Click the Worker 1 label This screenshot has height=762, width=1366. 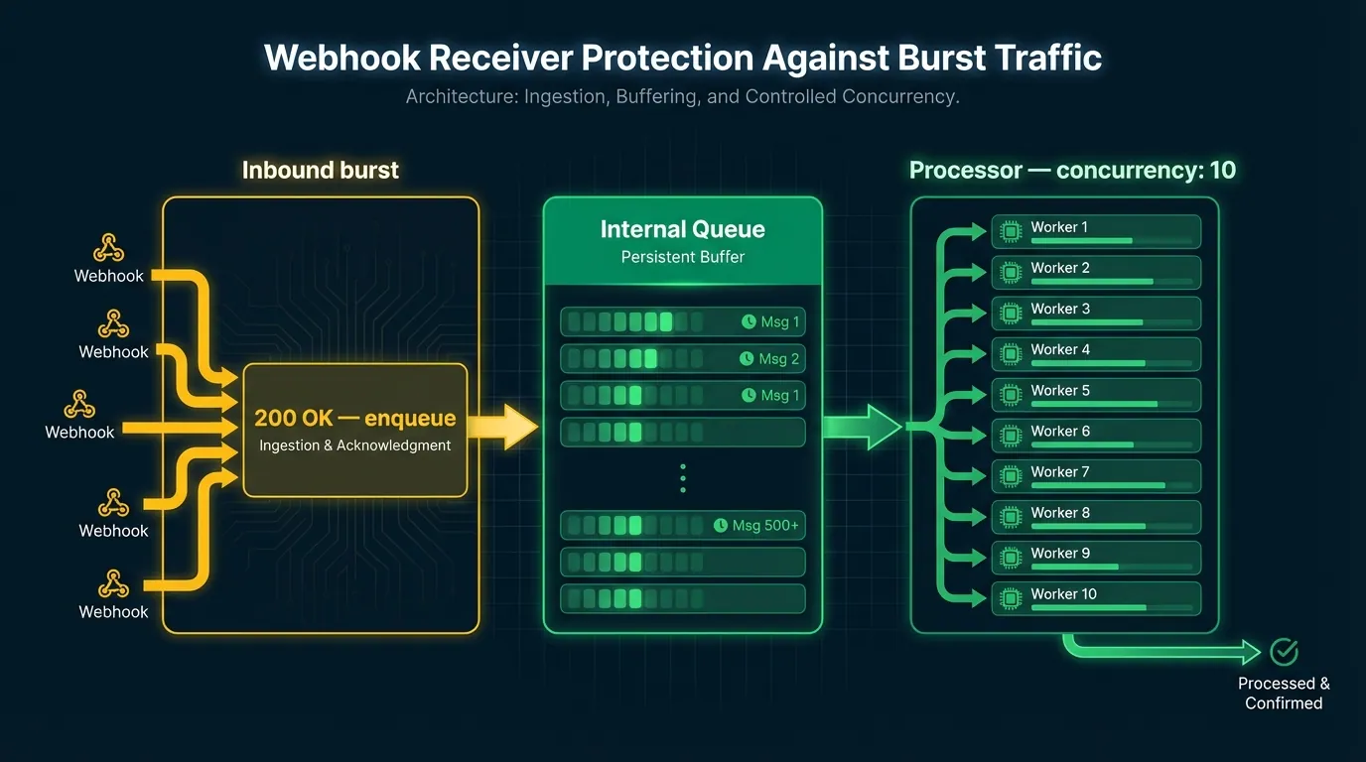[x=1058, y=227]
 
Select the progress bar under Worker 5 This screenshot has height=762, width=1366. [x=1094, y=404]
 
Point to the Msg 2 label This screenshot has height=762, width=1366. [x=779, y=359]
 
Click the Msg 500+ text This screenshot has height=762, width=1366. [x=764, y=525]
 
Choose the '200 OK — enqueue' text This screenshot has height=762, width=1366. [x=354, y=419]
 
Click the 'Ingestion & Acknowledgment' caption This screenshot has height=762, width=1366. [x=354, y=445]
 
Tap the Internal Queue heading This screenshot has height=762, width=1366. [x=682, y=230]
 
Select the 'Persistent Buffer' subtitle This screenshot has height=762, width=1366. [x=682, y=257]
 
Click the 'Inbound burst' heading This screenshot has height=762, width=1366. [x=320, y=170]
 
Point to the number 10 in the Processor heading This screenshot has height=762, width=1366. [x=1222, y=170]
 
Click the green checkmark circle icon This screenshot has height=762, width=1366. [x=1284, y=652]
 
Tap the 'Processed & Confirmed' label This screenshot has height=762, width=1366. [x=1284, y=693]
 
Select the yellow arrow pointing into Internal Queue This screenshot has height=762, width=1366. [x=506, y=427]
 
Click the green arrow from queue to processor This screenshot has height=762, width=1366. [x=862, y=427]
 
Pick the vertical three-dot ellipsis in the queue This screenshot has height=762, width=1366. [x=683, y=477]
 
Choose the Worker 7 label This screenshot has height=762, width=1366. [x=1059, y=472]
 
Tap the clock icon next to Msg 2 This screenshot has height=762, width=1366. [x=747, y=359]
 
